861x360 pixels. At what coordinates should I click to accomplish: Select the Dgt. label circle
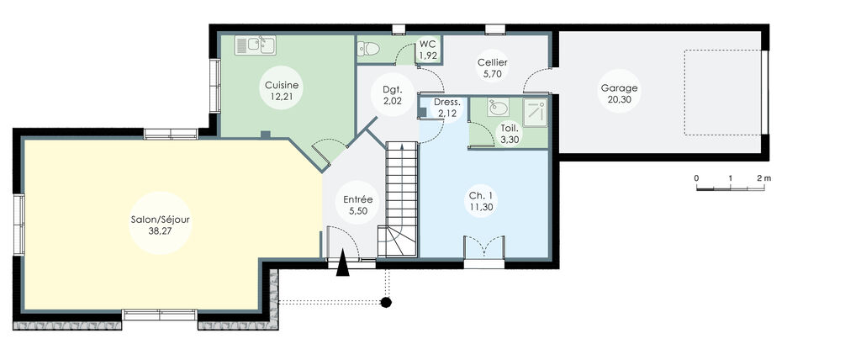click(x=392, y=94)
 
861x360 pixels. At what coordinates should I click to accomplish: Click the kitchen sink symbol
click(x=255, y=45)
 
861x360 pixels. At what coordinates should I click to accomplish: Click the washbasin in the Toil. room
click(x=498, y=109)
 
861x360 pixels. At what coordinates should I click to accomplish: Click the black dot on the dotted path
click(x=386, y=301)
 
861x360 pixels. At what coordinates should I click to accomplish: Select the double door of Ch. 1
click(x=483, y=249)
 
